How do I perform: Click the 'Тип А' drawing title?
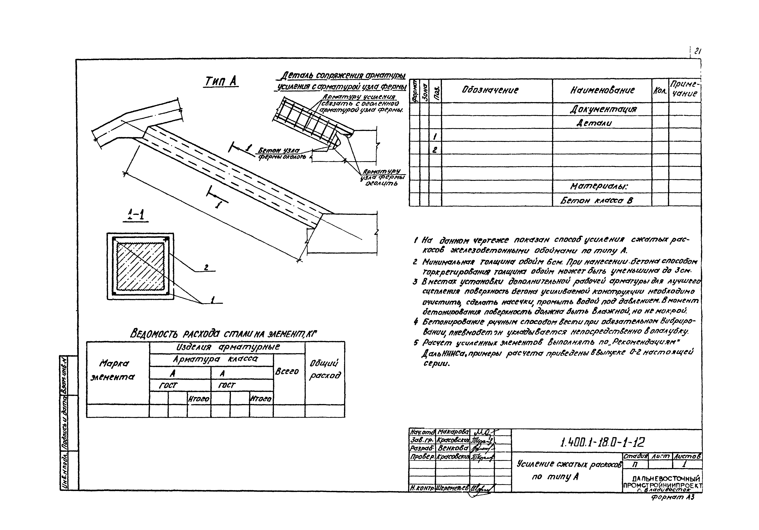(220, 81)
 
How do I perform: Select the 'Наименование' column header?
(602, 90)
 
